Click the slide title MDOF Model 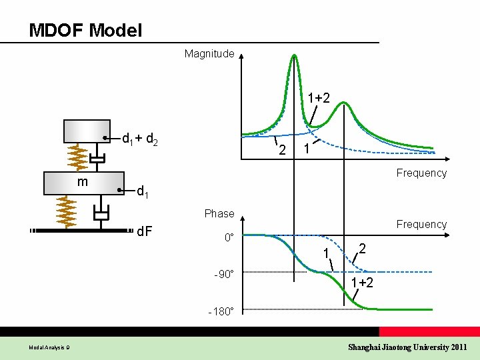pos(85,30)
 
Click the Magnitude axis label pos(209,53)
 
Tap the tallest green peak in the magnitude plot pos(293,56)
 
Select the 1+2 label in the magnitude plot pos(318,98)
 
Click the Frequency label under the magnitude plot pos(421,173)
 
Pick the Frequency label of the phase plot pos(421,224)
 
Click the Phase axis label pos(219,213)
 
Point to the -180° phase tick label pos(219,311)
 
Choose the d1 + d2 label pos(139,139)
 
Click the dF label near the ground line pos(145,232)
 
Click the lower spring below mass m pos(67,212)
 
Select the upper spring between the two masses pos(77,158)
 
